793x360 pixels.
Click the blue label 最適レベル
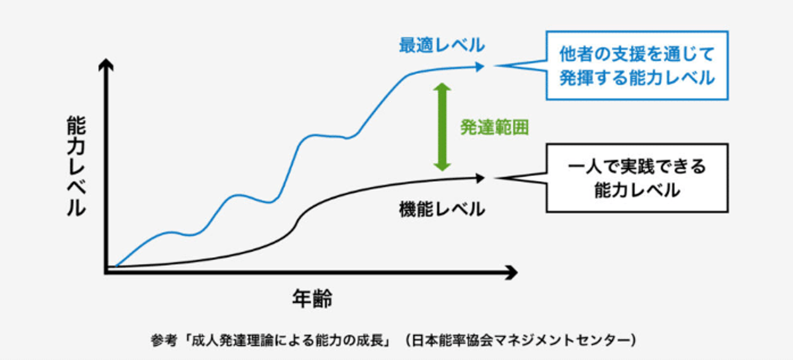[x=442, y=45]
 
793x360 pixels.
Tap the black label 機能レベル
[x=442, y=209]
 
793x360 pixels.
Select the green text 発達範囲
[x=495, y=128]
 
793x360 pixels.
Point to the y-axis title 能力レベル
[x=76, y=166]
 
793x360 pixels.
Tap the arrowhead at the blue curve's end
[x=481, y=67]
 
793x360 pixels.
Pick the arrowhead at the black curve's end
[x=481, y=178]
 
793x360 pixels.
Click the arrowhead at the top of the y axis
[x=105, y=66]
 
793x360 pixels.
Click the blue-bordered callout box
[x=637, y=66]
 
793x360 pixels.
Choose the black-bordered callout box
[x=637, y=178]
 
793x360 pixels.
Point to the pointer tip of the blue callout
[x=496, y=66]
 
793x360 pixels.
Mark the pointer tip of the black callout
[x=496, y=178]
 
